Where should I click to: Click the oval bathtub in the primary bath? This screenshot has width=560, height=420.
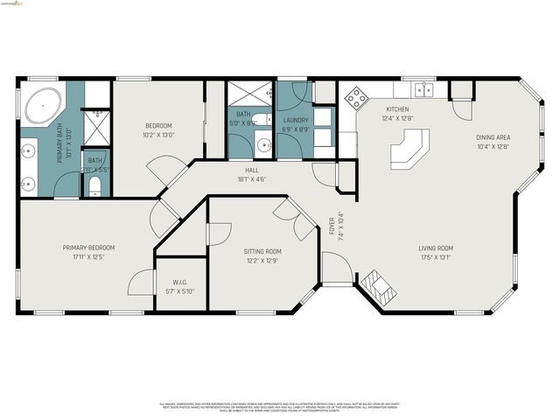[x=40, y=108]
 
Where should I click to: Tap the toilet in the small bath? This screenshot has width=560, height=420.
[x=95, y=185]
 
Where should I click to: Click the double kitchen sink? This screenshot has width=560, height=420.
[x=424, y=89]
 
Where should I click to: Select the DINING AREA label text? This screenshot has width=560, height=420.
[x=493, y=137]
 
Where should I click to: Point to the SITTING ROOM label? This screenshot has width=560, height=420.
[x=262, y=251]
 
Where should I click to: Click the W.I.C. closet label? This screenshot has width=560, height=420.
[x=179, y=282]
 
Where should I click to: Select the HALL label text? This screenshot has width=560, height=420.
[x=251, y=170]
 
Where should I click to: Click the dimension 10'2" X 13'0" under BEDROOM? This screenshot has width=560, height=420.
[x=158, y=135]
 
